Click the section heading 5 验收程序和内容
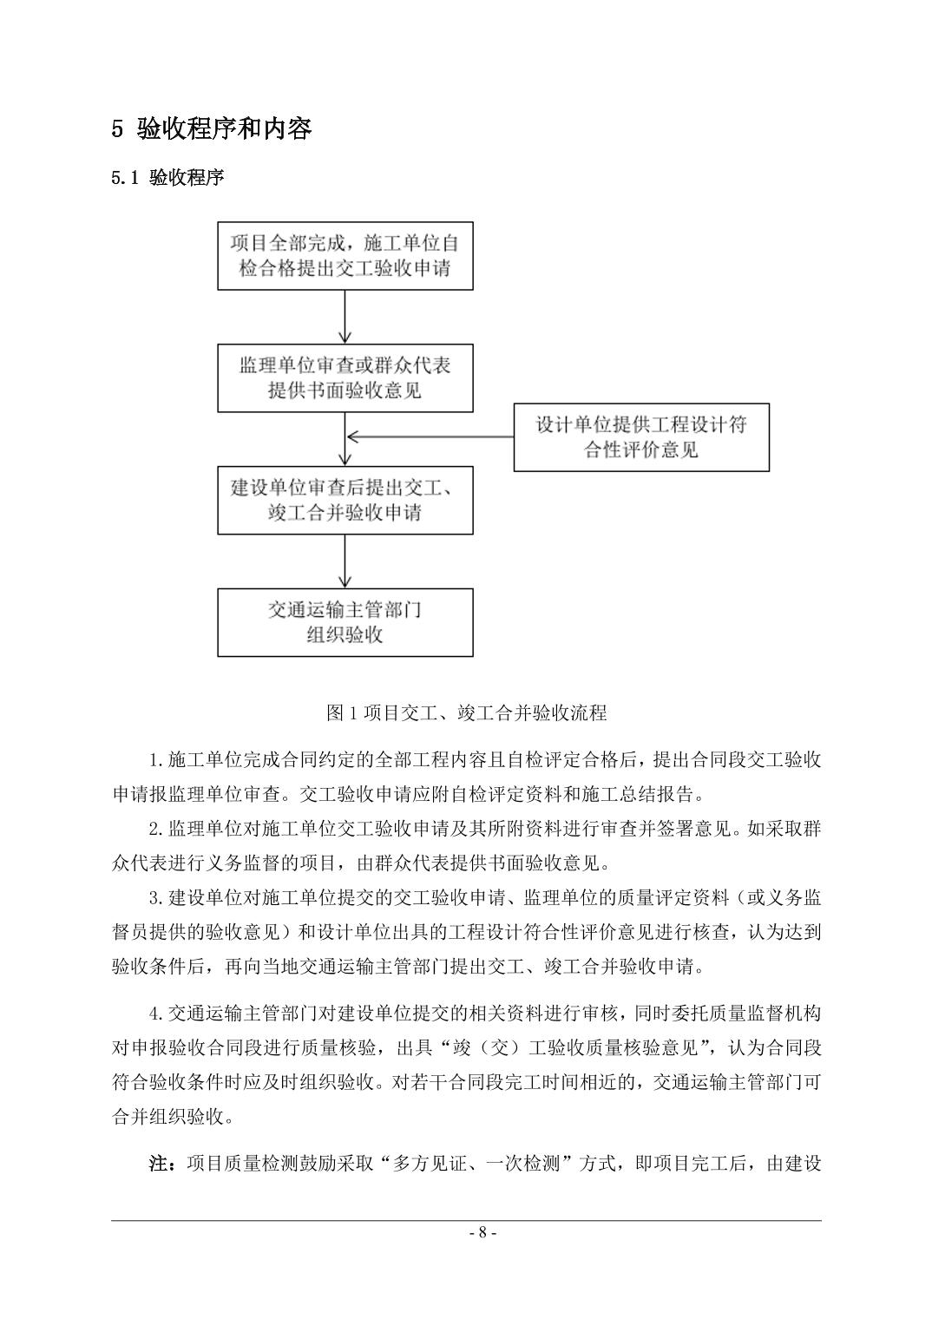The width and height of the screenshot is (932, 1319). pyautogui.click(x=212, y=129)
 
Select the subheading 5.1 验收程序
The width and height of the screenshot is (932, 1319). pyautogui.click(x=167, y=178)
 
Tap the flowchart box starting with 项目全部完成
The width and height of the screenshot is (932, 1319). pyautogui.click(x=345, y=255)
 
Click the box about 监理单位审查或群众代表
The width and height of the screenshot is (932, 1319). pyautogui.click(x=345, y=377)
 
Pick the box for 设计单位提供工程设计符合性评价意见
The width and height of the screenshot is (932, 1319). pyautogui.click(x=641, y=437)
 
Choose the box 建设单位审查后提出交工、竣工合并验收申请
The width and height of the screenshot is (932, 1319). pyautogui.click(x=345, y=500)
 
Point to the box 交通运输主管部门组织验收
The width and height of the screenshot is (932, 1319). pyautogui.click(x=345, y=622)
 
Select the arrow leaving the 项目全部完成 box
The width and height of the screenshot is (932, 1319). pyautogui.click(x=345, y=317)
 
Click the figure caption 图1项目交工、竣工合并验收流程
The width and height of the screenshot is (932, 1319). pyautogui.click(x=466, y=713)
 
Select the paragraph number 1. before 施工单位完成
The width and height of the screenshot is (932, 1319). pyautogui.click(x=157, y=761)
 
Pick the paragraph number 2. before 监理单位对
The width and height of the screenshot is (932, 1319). pyautogui.click(x=157, y=830)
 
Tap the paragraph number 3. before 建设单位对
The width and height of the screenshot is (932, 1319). pyautogui.click(x=157, y=897)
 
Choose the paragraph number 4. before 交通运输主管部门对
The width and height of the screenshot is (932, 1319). pyautogui.click(x=157, y=1014)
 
